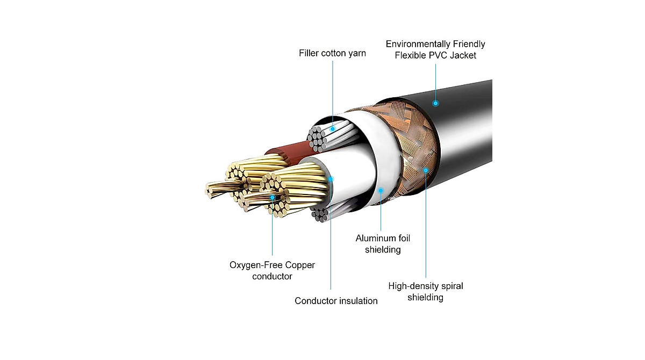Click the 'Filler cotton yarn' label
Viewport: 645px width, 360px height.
[332, 53]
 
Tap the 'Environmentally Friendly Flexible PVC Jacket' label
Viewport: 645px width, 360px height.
[435, 49]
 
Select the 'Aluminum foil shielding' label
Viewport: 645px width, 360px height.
[383, 243]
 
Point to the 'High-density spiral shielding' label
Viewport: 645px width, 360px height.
[425, 291]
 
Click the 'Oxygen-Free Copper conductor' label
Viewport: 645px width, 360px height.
[272, 270]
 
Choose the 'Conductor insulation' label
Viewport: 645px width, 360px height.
[336, 301]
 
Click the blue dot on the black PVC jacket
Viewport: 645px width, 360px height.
[436, 103]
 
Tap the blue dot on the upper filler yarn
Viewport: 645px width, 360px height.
[333, 129]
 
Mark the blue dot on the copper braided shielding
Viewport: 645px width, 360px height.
[426, 170]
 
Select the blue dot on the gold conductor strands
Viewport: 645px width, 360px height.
[273, 198]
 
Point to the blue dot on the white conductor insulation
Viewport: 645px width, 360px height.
[331, 178]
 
